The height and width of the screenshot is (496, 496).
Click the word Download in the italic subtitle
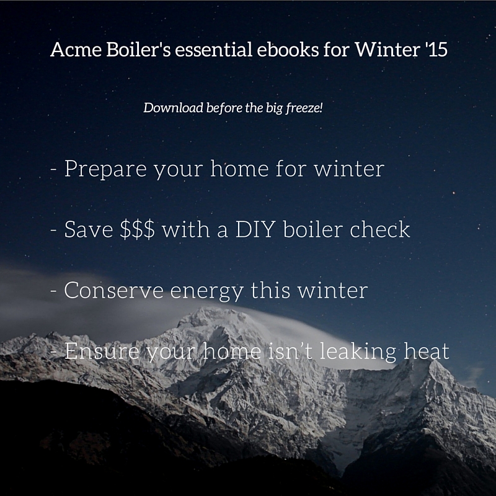173,108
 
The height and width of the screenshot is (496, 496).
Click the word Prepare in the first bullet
105,169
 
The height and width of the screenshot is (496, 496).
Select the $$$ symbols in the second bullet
138,229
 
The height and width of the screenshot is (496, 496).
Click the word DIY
255,229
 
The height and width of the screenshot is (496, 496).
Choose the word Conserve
114,290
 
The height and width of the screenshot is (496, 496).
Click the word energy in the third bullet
207,291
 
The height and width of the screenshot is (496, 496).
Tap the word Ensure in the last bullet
102,351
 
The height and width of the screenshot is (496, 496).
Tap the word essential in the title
213,50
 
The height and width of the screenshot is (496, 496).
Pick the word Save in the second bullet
89,229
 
